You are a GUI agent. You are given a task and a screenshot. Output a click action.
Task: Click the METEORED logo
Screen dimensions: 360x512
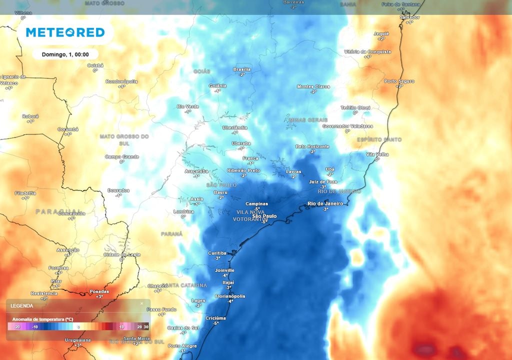[x=65, y=32]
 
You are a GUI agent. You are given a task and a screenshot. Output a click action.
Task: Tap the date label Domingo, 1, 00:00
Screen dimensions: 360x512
[x=65, y=54]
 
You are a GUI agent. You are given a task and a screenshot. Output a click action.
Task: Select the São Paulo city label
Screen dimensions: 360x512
[x=264, y=216]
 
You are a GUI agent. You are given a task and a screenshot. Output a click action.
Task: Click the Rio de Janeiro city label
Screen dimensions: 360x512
[x=325, y=203]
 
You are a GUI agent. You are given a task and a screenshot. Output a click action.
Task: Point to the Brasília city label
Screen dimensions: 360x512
[x=242, y=69]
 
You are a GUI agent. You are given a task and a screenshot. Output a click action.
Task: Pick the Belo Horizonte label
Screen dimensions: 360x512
[x=312, y=146]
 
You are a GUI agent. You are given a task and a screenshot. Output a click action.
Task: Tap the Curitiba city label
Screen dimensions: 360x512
[x=217, y=253]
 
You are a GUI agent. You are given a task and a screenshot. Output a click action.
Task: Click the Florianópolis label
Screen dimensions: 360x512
[x=230, y=296]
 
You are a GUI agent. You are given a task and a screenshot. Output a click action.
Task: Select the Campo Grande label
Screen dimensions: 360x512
[x=121, y=156]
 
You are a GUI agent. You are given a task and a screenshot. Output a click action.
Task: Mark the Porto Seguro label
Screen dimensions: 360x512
[x=398, y=81]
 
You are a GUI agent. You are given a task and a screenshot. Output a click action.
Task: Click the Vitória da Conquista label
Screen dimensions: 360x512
[x=367, y=51]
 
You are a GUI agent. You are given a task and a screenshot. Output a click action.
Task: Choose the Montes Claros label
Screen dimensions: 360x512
[x=313, y=86]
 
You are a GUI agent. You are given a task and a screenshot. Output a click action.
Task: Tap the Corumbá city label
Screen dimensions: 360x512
[x=68, y=129]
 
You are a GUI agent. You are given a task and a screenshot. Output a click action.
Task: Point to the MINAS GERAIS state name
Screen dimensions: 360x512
[x=308, y=120]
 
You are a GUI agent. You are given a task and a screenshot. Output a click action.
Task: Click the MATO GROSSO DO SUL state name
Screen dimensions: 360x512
[x=124, y=139]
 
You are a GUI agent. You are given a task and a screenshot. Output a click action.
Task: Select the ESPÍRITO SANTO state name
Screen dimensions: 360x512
[x=379, y=139]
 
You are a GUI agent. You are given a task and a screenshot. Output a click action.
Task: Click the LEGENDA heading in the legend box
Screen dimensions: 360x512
[x=22, y=305]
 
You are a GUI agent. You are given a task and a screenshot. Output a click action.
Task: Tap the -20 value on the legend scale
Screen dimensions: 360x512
[x=16, y=327]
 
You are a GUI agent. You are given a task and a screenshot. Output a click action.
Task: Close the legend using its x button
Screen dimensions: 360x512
[x=141, y=303]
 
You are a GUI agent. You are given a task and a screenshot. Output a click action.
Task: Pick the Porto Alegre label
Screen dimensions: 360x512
[x=182, y=346]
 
